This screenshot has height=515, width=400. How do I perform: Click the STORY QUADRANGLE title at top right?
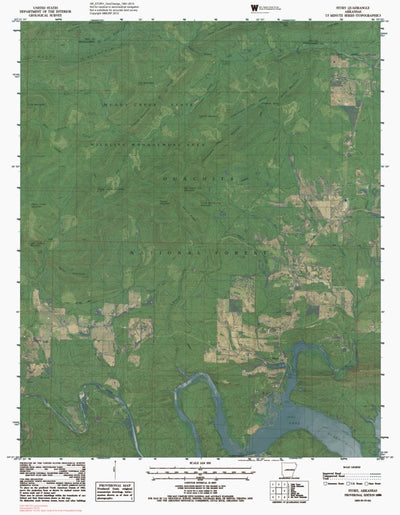point(351,7)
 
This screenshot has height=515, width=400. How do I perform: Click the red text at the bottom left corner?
point(25,505)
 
